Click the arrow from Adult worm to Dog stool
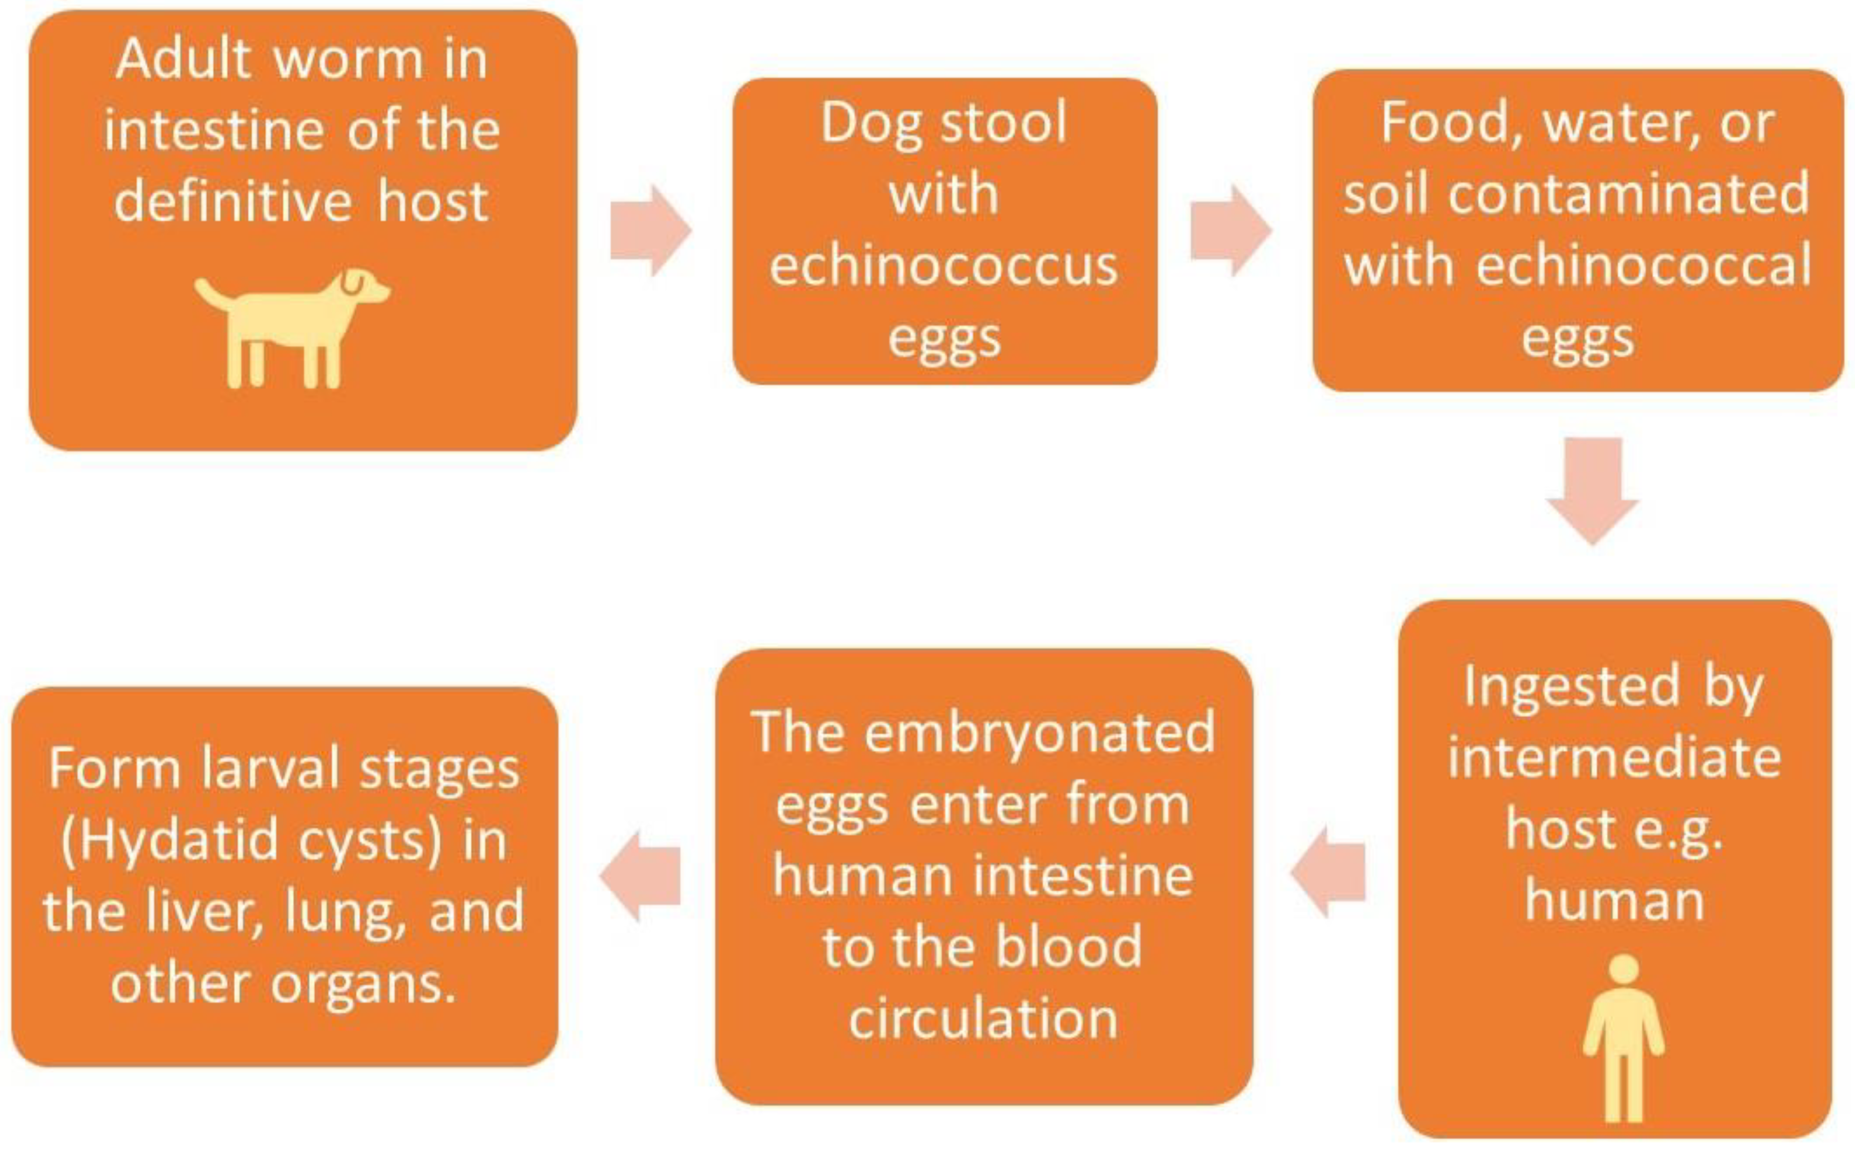(650, 230)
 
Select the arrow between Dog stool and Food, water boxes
(1231, 230)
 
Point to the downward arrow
(1592, 491)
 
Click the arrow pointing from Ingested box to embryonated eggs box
(1328, 871)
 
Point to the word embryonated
(1040, 732)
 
